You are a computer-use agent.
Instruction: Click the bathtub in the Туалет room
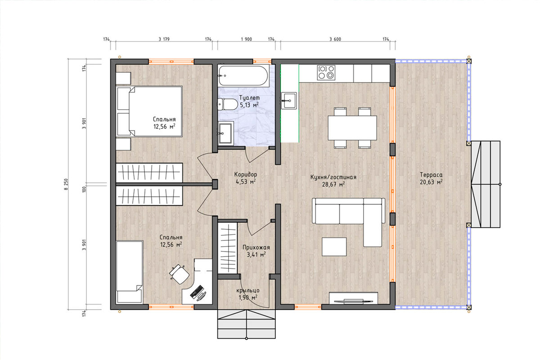[x=243, y=76]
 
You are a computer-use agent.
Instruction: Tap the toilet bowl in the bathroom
[x=227, y=104]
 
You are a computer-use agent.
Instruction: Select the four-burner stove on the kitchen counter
[x=326, y=72]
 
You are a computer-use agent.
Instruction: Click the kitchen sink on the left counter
[x=289, y=101]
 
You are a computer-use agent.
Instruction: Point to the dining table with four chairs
[x=352, y=128]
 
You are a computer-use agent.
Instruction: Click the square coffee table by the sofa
[x=334, y=247]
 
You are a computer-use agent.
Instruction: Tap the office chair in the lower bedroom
[x=179, y=274]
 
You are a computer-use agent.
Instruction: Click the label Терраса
[x=431, y=175]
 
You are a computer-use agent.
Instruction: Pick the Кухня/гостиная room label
[x=333, y=177]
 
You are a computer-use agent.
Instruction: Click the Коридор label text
[x=246, y=174]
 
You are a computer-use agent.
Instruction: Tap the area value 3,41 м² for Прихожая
[x=256, y=254]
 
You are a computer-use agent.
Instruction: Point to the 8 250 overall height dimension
[x=66, y=184]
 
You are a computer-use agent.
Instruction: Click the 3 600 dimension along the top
[x=335, y=39]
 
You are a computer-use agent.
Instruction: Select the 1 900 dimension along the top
[x=247, y=39]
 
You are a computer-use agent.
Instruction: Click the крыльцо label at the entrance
[x=248, y=291]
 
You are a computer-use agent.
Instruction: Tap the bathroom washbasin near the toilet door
[x=226, y=133]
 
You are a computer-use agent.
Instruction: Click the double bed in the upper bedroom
[x=149, y=112]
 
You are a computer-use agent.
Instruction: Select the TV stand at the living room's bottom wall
[x=353, y=298]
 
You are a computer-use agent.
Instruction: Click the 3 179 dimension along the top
[x=164, y=39]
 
